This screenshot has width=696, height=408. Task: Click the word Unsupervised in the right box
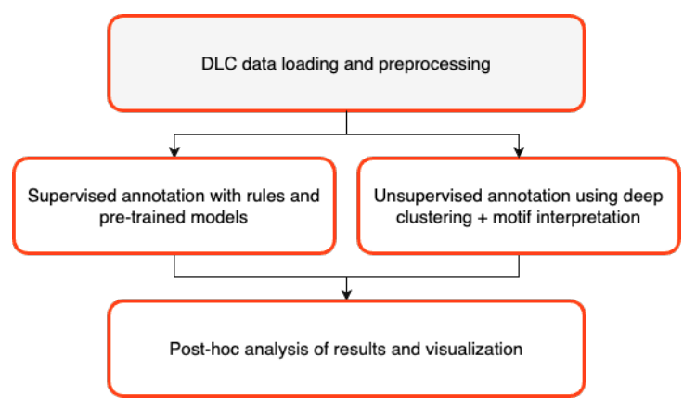418,196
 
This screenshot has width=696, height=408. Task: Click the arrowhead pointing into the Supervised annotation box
174,150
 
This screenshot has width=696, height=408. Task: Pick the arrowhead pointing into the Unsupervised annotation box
519,150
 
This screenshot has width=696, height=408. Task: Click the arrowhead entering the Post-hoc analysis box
346,294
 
